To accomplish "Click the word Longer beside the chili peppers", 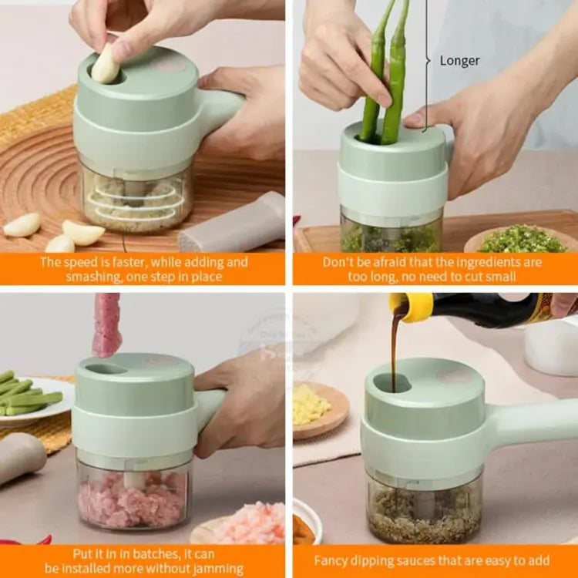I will pyautogui.click(x=459, y=61).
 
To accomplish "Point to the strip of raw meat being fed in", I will pyautogui.click(x=106, y=324).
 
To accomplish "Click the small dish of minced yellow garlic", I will pyautogui.click(x=314, y=408).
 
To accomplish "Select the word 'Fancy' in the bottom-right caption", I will pyautogui.click(x=331, y=560).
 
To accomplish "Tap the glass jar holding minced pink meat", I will pyautogui.click(x=133, y=497).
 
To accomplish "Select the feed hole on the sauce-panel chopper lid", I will pyautogui.click(x=392, y=382).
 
